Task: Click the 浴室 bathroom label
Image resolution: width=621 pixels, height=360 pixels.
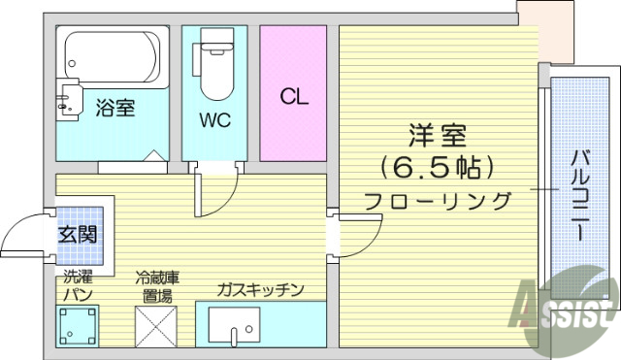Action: point(114,108)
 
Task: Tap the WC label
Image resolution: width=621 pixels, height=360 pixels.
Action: point(213,120)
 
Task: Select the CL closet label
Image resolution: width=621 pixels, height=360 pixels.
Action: point(293,96)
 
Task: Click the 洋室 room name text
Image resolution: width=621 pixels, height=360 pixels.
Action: point(438,135)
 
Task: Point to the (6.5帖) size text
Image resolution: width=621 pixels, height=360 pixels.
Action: point(438,168)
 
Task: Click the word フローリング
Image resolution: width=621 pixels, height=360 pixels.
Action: point(438,202)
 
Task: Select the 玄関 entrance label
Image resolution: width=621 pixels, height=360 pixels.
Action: point(78,234)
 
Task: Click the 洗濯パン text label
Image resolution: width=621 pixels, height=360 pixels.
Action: point(78,284)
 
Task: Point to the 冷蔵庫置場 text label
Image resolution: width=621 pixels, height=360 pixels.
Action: point(155,284)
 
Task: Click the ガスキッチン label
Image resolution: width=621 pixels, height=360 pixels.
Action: point(260,289)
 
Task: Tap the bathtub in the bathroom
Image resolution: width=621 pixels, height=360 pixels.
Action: point(109,55)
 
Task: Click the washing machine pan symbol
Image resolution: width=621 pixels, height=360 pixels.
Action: point(78,326)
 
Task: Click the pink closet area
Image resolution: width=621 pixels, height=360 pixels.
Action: point(293,58)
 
